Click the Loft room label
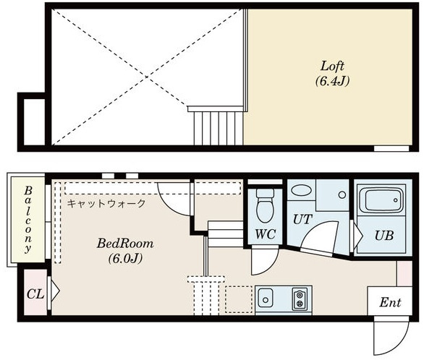tap(332, 67)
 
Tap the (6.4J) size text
tap(332, 81)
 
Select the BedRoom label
tap(125, 244)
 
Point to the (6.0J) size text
tap(125, 259)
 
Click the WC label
tap(266, 234)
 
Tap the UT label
tap(302, 220)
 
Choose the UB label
tap(384, 236)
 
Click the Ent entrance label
tap(390, 302)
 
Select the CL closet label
tap(35, 294)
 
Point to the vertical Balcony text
tap(27, 220)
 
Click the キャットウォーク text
tap(106, 203)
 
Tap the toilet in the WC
tap(266, 205)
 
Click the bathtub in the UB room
tap(382, 201)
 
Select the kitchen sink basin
tap(266, 298)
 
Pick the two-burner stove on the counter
tap(300, 299)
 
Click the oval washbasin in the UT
tap(300, 190)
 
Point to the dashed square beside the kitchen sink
tap(239, 299)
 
